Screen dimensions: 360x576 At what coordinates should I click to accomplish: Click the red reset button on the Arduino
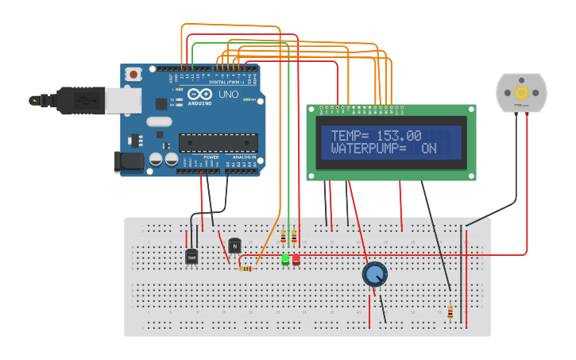(x=134, y=74)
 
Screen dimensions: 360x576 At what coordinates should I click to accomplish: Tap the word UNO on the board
(x=229, y=94)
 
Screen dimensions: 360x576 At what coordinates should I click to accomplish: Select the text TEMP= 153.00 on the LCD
(x=376, y=136)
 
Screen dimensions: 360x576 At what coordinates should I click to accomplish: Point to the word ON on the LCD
(x=429, y=149)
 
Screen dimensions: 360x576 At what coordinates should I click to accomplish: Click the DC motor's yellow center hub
(x=521, y=91)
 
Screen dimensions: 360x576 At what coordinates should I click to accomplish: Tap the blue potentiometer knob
(x=374, y=275)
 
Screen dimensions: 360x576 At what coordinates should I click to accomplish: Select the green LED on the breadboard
(x=285, y=259)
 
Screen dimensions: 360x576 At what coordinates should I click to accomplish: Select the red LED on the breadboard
(x=296, y=259)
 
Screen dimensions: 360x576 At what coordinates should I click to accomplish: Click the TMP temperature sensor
(x=191, y=257)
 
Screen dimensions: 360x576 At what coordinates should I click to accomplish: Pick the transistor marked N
(x=234, y=246)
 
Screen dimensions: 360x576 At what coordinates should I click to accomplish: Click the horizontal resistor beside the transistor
(x=245, y=269)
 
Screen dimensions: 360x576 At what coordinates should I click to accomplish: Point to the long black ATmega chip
(x=218, y=142)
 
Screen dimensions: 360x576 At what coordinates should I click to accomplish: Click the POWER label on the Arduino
(x=211, y=157)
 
